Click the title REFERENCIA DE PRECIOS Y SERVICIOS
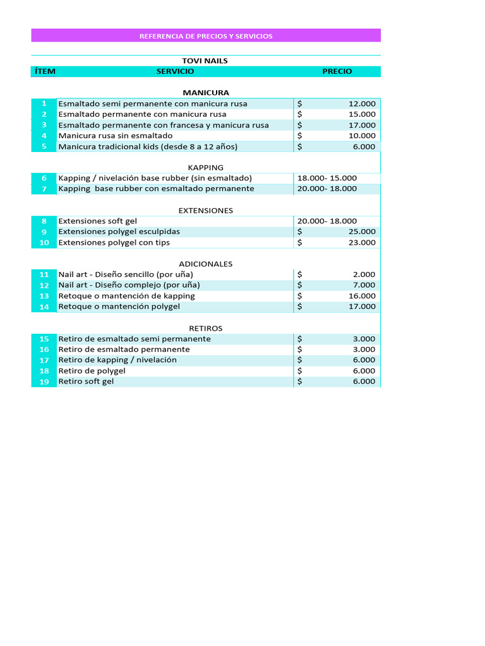pos(206,36)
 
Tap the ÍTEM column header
pos(44,71)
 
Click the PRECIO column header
pos(337,71)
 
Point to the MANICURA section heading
pos(206,93)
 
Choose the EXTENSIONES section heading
pos(206,210)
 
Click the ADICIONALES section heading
pos(206,264)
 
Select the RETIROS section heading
pos(206,328)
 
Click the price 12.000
pos(362,103)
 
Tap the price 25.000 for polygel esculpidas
pos(362,232)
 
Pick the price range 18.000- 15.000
pos(326,178)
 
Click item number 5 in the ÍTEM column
pos(44,146)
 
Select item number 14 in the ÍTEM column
pos(44,307)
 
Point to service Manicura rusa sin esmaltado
pos(115,136)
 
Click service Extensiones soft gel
pos(97,221)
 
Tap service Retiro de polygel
pos(92,371)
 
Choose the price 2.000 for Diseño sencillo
pos(364,274)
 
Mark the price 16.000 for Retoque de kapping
pos(362,296)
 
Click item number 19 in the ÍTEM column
pos(44,382)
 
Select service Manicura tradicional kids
pos(148,146)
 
